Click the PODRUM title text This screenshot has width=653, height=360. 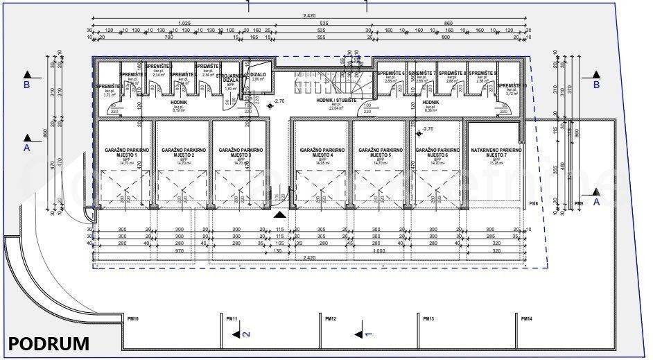[x=49, y=343]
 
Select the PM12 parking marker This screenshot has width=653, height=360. [x=331, y=318]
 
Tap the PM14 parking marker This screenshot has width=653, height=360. [x=528, y=318]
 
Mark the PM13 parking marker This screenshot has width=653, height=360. [x=429, y=318]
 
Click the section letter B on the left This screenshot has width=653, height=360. [x=26, y=85]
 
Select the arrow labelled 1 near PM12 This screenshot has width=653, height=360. [x=363, y=334]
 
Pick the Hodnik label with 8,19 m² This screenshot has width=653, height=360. [x=180, y=105]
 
